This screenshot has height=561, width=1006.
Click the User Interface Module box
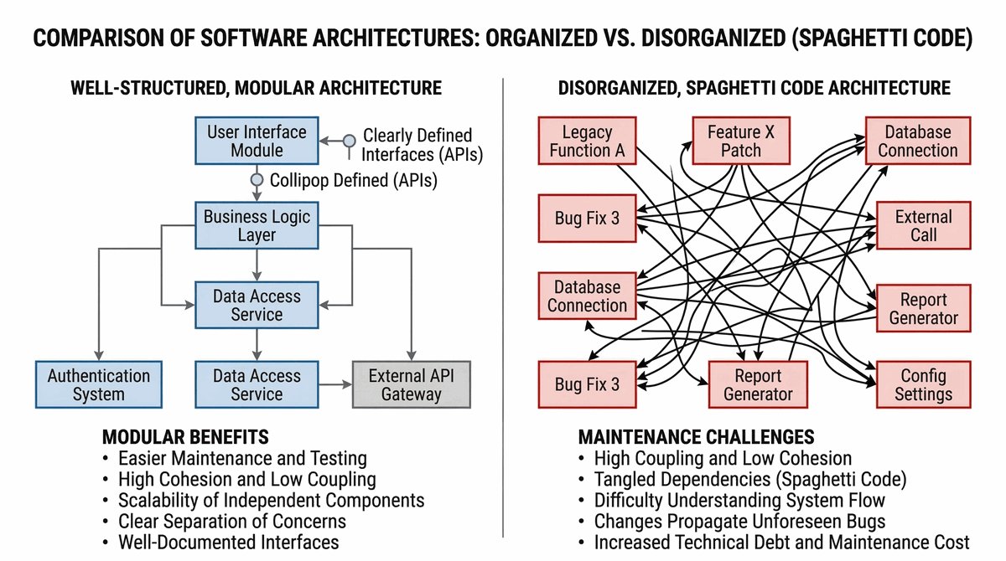pos(257,142)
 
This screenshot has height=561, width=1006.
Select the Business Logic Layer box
pos(257,226)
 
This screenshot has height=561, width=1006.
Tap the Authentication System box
pos(98,384)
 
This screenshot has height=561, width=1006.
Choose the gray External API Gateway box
pos(411,384)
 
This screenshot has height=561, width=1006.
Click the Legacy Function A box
pos(587,142)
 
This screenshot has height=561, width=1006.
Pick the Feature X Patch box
pos(741,142)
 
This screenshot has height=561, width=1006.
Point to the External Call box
pos(923,225)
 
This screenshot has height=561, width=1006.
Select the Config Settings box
pos(923,384)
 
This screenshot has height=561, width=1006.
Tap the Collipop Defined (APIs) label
pos(353,179)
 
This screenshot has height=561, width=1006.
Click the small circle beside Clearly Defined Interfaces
pos(350,142)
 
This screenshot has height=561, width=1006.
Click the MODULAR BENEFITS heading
pos(185,437)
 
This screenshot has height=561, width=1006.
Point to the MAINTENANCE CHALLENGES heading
pos(696,437)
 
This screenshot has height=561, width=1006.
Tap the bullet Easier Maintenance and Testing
pos(242,458)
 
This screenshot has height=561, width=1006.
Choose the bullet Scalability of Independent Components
pos(271,500)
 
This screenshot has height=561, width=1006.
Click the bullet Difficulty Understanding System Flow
pos(739,500)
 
